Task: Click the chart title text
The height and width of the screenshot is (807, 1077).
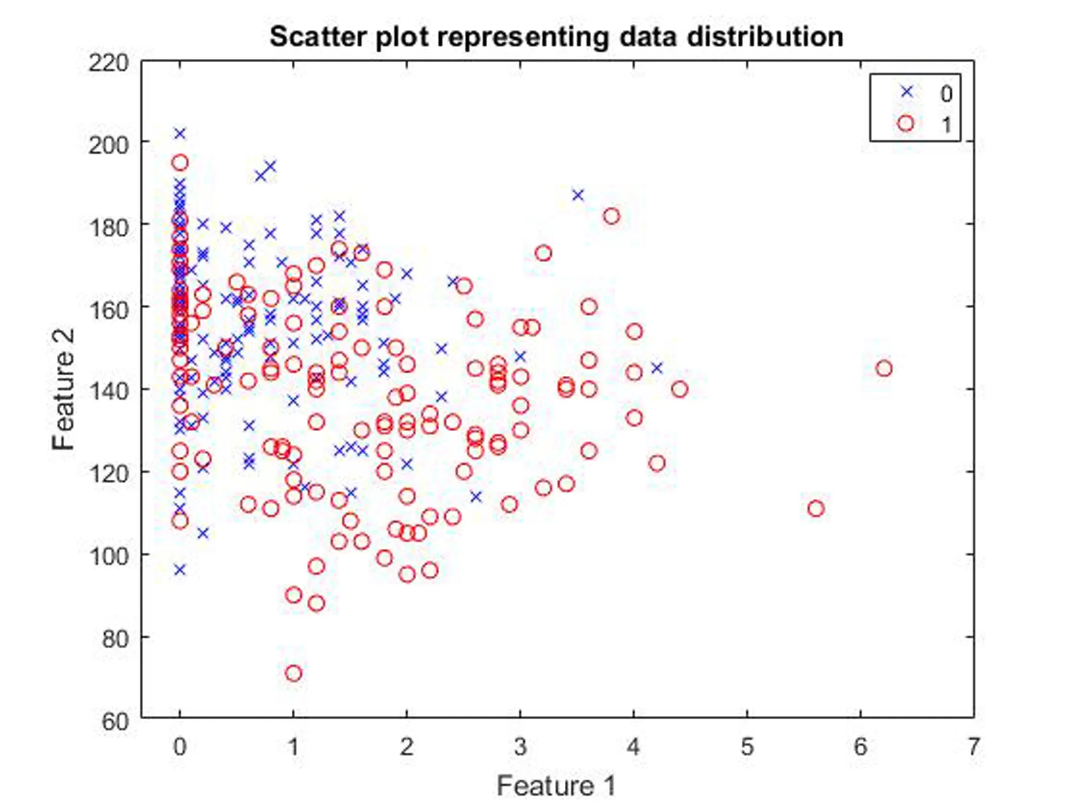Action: point(556,37)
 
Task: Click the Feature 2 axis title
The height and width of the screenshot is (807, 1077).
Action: point(64,389)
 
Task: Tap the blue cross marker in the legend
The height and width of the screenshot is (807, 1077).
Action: point(906,91)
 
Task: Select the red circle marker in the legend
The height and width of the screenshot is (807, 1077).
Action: point(906,124)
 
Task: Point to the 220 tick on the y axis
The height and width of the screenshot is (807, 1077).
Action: point(108,63)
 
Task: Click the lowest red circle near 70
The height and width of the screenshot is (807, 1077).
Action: point(293,673)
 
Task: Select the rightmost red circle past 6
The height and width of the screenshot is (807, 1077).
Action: point(884,369)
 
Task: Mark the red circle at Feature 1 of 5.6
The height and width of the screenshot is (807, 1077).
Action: point(816,509)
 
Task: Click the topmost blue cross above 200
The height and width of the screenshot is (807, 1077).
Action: point(180,133)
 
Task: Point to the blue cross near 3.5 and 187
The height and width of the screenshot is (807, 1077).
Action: point(578,195)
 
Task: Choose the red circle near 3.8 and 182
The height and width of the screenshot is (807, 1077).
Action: point(611,216)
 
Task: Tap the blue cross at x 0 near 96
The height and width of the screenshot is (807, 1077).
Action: point(180,570)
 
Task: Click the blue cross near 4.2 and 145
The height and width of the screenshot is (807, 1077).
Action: point(657,368)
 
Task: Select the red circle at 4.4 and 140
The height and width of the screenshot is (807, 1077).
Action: point(680,389)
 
